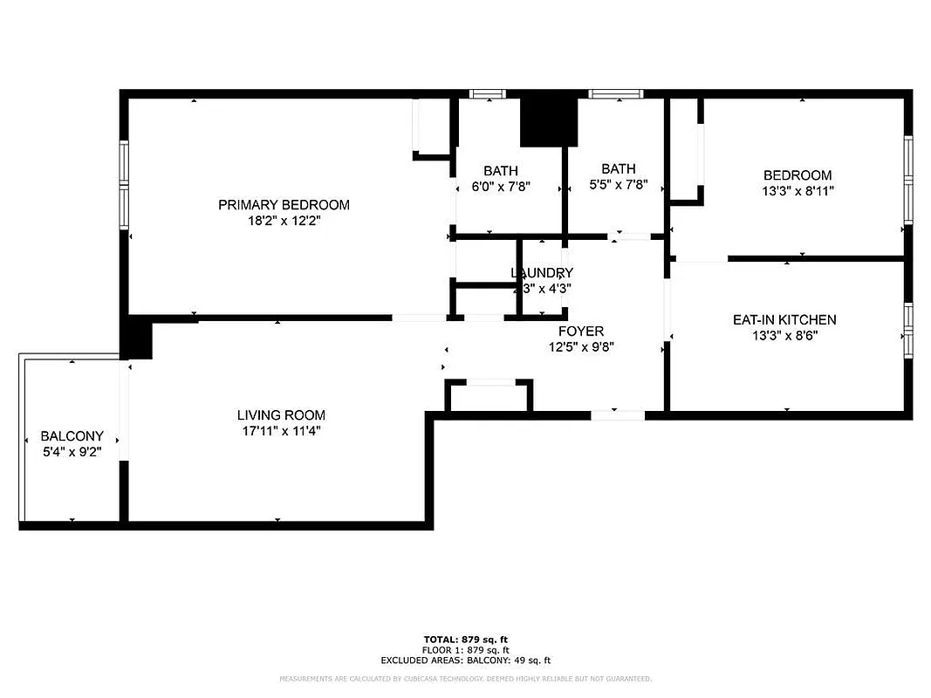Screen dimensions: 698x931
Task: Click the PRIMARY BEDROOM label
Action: coord(284,205)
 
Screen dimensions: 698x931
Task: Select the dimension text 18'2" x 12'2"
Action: coord(284,222)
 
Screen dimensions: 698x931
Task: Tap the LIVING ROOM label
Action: coord(281,415)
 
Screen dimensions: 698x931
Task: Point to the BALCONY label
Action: coord(72,436)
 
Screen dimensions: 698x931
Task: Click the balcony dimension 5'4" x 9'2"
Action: coord(72,452)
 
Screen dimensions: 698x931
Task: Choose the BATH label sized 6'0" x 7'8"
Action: coord(501,171)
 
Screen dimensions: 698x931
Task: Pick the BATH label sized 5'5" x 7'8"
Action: coord(618,168)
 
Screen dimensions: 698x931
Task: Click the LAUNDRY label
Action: coord(542,273)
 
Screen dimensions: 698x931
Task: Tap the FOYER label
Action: coord(580,332)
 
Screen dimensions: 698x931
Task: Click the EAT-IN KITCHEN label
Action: coord(784,320)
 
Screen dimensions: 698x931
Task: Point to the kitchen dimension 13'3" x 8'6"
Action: coord(784,336)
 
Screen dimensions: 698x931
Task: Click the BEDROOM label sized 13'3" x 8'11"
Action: coord(798,175)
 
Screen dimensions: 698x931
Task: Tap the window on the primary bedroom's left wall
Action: coord(124,184)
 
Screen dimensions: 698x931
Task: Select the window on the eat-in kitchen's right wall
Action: coord(907,331)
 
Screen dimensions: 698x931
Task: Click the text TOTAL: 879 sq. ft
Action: coord(465,640)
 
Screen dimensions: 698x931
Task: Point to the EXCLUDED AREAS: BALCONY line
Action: coord(465,660)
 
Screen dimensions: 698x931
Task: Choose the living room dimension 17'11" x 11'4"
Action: coord(281,431)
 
